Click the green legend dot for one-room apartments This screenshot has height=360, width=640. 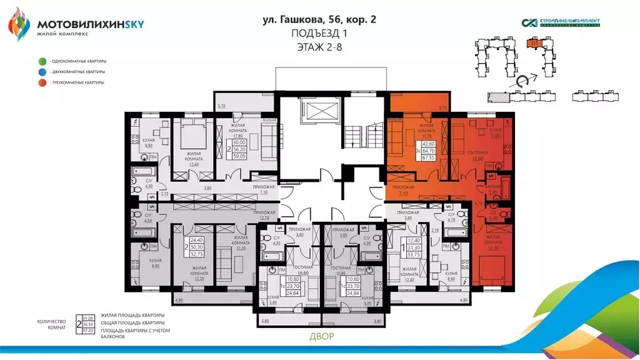(x=42, y=61)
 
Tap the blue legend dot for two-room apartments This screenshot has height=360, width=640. (x=42, y=72)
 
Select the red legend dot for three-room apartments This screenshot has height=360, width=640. (x=42, y=82)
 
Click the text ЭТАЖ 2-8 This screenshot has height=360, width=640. (x=319, y=46)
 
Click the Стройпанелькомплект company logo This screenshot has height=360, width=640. (x=561, y=23)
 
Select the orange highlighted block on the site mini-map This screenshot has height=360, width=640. (x=534, y=44)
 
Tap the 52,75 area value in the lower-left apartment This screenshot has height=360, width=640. (x=197, y=254)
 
